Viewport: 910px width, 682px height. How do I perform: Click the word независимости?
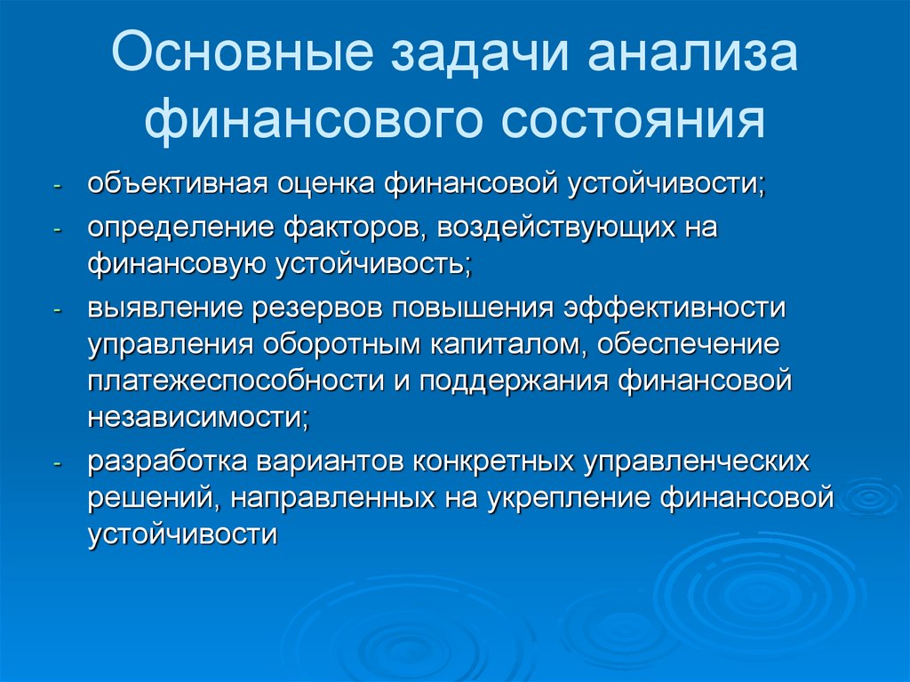click(197, 416)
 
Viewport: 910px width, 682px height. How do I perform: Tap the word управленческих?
click(696, 462)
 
